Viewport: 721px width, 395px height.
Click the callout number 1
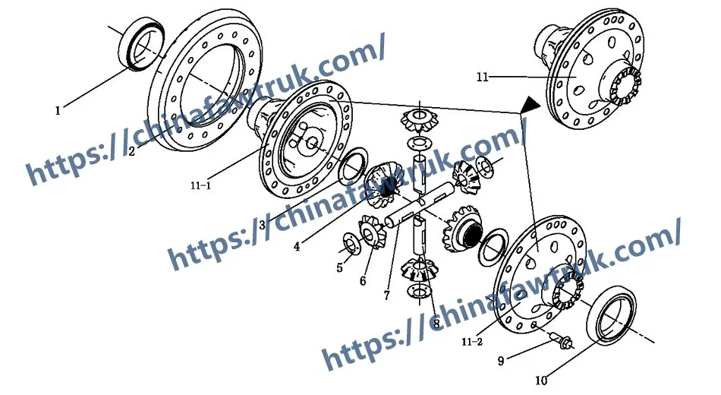point(58,110)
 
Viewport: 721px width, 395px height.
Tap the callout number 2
point(131,151)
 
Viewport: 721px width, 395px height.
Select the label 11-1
point(200,185)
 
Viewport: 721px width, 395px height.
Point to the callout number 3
point(262,225)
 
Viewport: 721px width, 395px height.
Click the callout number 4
point(297,247)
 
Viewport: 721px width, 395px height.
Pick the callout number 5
point(339,267)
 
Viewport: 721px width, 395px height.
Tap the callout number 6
point(363,280)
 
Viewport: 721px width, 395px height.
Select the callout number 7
point(387,295)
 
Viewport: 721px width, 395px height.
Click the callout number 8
point(436,324)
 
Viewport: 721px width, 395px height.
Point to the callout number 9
point(501,361)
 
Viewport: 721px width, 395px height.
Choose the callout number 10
point(541,381)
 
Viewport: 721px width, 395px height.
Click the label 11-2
point(472,342)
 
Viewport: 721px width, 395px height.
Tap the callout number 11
point(482,77)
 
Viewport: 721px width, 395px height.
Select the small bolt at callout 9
point(562,342)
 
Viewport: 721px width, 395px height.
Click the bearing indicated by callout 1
point(141,45)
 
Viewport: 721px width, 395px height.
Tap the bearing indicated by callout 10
point(612,314)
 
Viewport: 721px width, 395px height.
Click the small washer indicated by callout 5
point(351,244)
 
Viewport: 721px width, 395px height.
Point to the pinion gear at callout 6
point(370,232)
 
